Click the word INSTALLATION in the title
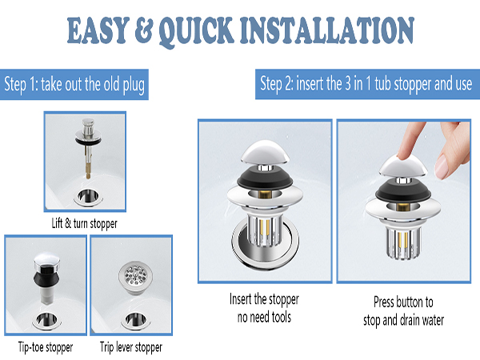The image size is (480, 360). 327,30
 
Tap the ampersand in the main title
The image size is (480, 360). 143,30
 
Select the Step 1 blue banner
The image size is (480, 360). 74,85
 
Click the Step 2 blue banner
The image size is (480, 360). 367,84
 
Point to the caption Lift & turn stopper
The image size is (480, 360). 85,223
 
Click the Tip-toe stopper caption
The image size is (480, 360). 46,347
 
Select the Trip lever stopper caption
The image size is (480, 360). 131,347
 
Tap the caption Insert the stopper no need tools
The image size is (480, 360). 264,308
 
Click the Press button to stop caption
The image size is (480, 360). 403,311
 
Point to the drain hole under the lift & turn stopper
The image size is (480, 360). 88,197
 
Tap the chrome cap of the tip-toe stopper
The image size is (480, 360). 46,260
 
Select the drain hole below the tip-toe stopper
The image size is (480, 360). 46,321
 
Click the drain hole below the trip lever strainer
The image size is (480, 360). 135,321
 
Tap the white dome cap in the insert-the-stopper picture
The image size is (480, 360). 265,152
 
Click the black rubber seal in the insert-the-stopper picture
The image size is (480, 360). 265,180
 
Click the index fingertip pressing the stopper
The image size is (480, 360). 406,153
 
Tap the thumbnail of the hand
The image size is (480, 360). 441,166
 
